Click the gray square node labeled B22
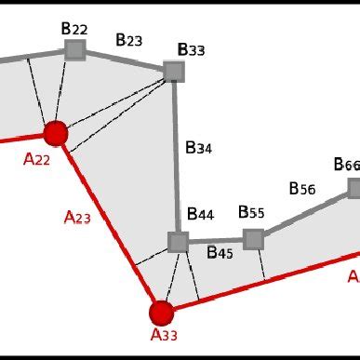click(76, 50)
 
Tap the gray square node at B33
click(173, 71)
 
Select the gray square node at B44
click(178, 242)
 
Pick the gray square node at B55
click(253, 239)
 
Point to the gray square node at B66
click(354, 188)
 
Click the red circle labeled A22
click(56, 133)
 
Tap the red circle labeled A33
click(162, 313)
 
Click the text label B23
click(128, 40)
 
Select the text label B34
click(198, 146)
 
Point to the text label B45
click(220, 252)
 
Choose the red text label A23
click(77, 218)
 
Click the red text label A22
click(36, 159)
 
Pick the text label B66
click(346, 165)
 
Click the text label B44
click(200, 215)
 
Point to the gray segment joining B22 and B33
click(125, 60)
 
